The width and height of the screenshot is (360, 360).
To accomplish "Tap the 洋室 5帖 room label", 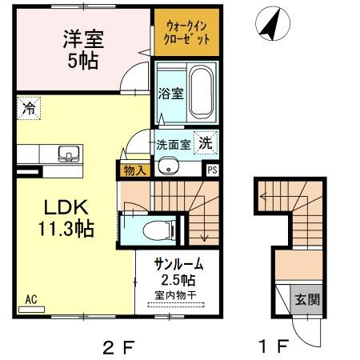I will pos(83,50).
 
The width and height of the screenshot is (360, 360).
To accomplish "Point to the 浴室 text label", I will pos(170,92).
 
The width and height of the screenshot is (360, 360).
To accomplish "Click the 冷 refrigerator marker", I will pos(28,106).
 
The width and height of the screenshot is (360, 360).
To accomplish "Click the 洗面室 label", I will pos(173,146).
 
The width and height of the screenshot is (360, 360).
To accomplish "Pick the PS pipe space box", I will pos(212,170).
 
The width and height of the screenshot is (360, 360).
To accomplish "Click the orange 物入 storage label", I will pos(133,170).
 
